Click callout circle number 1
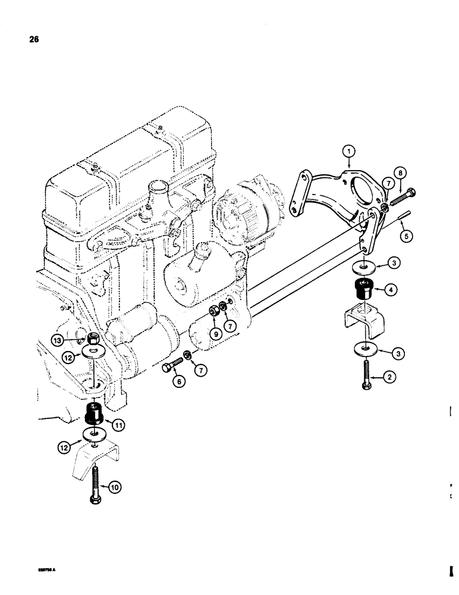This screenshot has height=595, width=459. coord(350,151)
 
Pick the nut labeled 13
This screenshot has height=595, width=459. coord(93,340)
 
